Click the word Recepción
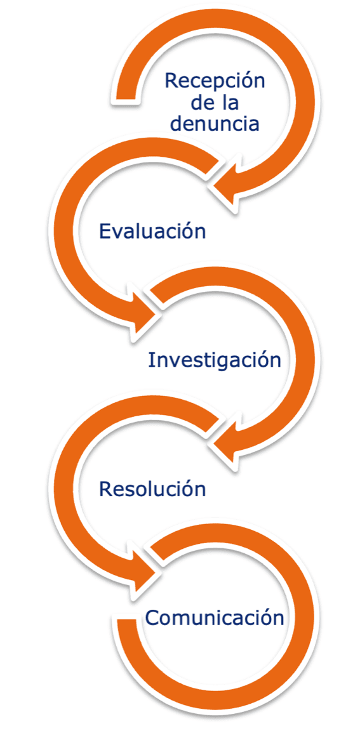[x=215, y=82]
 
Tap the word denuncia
[x=214, y=123]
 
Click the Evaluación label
[x=152, y=231]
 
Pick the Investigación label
[x=215, y=360]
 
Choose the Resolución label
[x=152, y=489]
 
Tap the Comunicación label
[x=215, y=618]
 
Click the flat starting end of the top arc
[x=126, y=98]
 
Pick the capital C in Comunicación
[x=153, y=618]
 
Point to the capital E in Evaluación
[x=105, y=231]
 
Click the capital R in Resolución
[x=106, y=489]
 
